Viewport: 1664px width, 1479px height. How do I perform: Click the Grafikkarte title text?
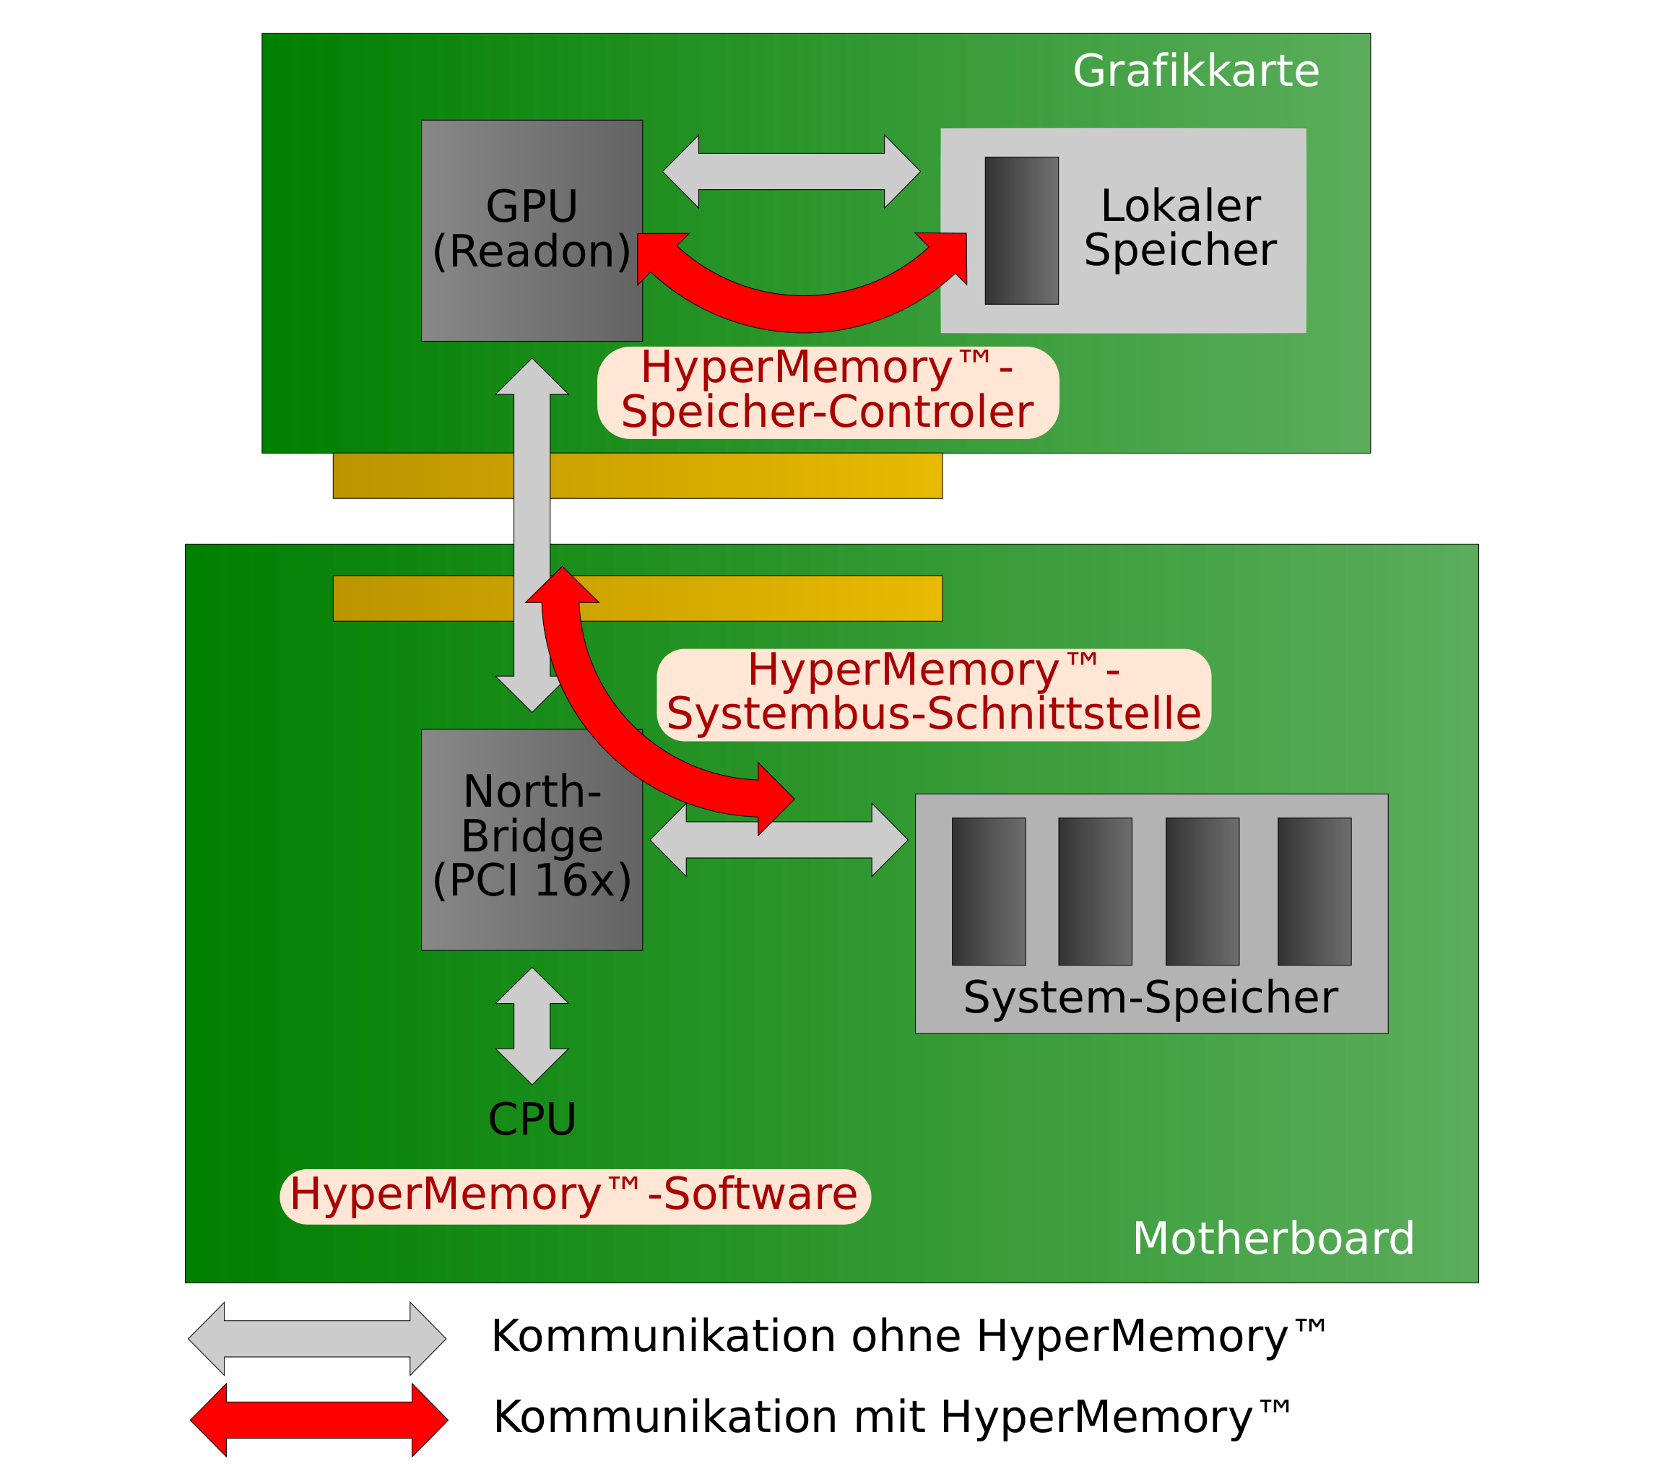1195,71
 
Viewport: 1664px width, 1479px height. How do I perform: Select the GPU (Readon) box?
531,230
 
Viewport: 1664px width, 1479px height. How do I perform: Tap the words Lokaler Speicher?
1179,228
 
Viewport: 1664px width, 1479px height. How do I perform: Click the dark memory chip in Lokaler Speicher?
1021,230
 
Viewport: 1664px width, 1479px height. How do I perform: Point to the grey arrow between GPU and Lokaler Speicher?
791,172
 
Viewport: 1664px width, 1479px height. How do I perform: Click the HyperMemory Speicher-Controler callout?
827,391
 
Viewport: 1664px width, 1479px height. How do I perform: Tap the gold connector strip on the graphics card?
732,475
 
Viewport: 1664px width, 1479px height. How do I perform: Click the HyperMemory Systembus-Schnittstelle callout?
933,694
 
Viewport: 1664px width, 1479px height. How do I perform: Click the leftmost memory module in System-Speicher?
988,891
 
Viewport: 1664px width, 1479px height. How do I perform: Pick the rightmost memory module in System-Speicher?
1314,891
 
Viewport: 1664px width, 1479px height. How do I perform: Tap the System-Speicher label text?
1150,998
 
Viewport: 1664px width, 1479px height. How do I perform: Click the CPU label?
532,1120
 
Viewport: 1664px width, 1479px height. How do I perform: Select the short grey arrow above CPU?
532,1025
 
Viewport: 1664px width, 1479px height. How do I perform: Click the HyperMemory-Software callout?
574,1196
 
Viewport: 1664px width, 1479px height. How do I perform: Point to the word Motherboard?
1273,1239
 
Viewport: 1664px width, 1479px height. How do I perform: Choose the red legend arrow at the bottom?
318,1420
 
